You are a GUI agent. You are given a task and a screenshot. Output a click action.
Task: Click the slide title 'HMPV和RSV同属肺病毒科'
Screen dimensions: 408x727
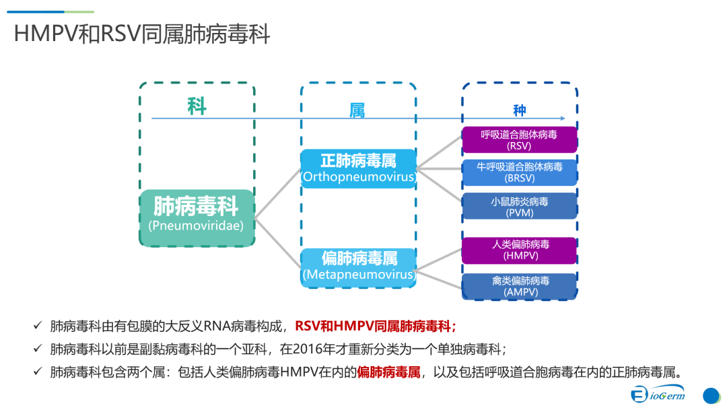pos(142,34)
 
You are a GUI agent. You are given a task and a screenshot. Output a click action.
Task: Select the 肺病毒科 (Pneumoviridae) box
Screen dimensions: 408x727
pos(198,217)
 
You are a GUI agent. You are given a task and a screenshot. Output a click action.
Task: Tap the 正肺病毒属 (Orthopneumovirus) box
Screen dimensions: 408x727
pos(358,168)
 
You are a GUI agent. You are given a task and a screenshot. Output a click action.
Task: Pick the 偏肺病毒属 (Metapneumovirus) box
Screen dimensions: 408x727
pos(358,267)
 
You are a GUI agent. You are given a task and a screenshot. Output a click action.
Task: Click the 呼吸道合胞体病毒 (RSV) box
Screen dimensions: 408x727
pos(519,140)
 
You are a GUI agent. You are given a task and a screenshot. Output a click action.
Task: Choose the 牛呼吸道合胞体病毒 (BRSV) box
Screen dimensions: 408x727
pos(519,172)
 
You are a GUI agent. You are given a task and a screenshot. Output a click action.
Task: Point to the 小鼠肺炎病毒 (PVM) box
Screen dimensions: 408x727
pos(519,206)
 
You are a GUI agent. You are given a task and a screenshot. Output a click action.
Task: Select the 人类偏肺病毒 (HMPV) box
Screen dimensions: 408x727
pos(519,250)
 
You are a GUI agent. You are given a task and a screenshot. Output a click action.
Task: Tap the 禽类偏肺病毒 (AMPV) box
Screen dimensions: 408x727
pos(519,286)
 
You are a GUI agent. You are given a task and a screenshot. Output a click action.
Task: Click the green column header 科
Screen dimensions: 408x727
pos(197,106)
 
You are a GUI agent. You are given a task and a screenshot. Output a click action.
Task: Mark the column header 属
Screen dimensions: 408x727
pos(357,110)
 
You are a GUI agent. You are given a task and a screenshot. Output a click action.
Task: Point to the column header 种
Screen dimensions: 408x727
pos(519,110)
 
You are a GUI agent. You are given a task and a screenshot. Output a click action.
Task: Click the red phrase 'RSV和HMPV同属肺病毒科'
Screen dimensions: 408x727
pos(374,327)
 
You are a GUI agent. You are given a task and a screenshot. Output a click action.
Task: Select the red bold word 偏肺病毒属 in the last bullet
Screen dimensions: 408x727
pos(388,372)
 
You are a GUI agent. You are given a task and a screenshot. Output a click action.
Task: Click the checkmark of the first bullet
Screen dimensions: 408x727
pos(38,327)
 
